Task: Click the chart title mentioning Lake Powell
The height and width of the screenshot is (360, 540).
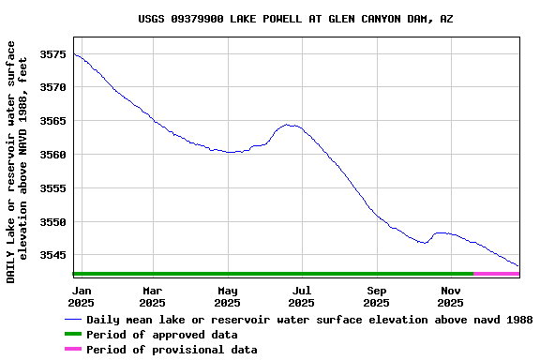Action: click(295, 19)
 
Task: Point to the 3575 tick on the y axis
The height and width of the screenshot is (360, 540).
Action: click(52, 53)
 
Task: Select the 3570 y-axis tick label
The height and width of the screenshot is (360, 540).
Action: click(52, 87)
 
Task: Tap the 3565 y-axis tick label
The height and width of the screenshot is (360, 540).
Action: click(52, 121)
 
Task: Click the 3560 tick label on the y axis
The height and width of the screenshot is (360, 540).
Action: click(52, 155)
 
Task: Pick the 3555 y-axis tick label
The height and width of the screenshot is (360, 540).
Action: click(52, 188)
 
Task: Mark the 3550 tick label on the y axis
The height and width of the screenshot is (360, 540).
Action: click(52, 222)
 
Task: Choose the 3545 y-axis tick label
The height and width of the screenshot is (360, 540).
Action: click(52, 255)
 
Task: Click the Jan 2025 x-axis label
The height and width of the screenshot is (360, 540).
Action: click(82, 296)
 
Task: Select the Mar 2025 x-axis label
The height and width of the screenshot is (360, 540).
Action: click(152, 296)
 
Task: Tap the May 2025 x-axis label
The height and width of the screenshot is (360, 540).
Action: click(227, 296)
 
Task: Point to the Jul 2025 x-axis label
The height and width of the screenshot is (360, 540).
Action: click(301, 296)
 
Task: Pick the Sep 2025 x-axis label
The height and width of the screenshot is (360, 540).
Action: click(376, 296)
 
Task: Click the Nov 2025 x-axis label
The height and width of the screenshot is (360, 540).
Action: click(451, 296)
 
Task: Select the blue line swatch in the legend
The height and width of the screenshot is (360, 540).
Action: click(73, 320)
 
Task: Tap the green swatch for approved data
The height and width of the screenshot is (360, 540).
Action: click(73, 335)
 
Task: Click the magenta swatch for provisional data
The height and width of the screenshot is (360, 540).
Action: click(73, 350)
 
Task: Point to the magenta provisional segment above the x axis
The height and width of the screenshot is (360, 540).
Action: click(497, 274)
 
